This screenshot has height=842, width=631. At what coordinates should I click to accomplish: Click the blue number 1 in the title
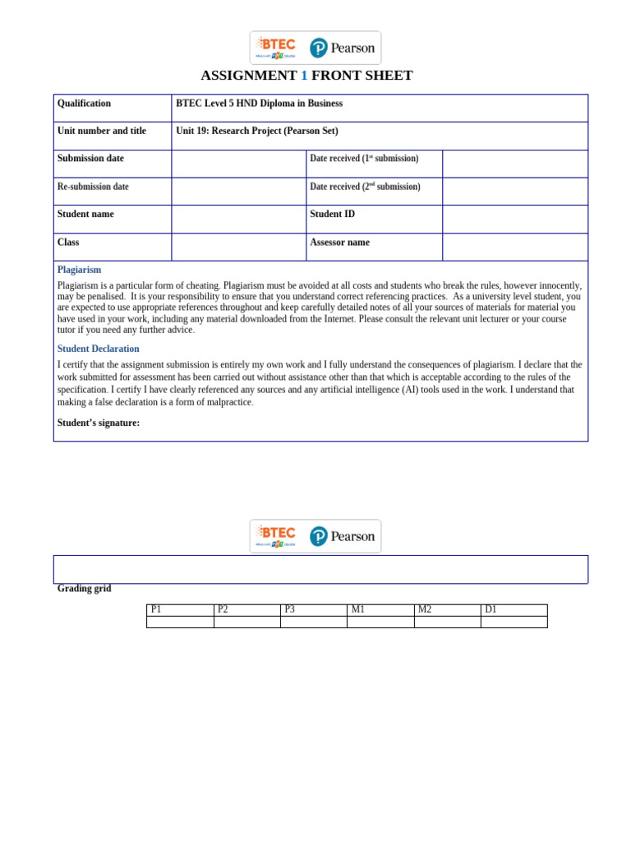coord(304,76)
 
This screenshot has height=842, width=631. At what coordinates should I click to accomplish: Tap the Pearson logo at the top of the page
coord(342,48)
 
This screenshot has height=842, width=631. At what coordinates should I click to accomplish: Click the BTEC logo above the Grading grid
coord(276,535)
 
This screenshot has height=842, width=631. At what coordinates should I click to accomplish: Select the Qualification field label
coord(84,104)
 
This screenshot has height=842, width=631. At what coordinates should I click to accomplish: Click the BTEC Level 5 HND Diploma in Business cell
coord(259,104)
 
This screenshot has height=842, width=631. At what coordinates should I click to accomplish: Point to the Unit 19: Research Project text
coord(256,131)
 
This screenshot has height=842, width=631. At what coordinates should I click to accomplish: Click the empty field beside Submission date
coord(238,164)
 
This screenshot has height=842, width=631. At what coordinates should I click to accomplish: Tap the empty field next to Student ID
coord(514,219)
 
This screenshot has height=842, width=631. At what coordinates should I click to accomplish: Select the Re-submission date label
coord(93,187)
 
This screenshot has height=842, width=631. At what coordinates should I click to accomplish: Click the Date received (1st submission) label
coord(364,159)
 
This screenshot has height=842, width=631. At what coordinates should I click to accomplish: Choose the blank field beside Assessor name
coord(514,247)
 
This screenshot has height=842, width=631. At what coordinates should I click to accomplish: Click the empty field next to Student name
coord(238,219)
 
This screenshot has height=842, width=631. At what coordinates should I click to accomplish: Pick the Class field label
coord(68,243)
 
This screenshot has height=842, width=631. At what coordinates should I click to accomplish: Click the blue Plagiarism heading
coord(79,270)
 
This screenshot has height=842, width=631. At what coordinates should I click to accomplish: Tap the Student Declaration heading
coord(98,349)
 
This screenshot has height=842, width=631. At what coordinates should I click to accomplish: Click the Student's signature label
coord(98,423)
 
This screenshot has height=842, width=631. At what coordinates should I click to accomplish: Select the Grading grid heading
coord(84,589)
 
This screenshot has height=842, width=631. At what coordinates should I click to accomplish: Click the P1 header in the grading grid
coord(157,609)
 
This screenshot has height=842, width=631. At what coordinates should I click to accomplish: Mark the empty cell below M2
coord(447,622)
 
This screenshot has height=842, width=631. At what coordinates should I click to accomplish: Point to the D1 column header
coord(491,609)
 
